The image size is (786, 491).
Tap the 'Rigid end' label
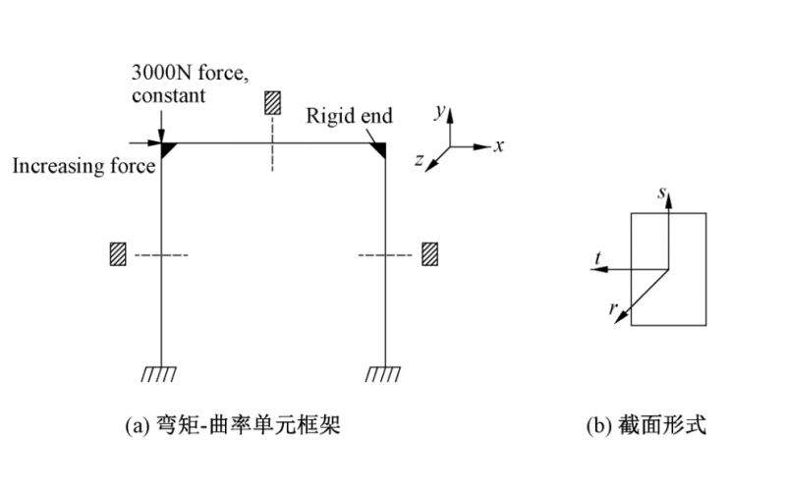pos(349,116)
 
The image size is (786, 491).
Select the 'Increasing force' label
pos(84,166)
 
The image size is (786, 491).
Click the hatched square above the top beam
pos(273,103)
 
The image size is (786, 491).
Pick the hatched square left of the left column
pos(119,254)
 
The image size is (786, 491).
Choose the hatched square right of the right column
pos(429,254)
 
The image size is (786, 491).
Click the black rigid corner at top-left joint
pos(168,148)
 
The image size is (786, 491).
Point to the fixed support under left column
pos(159,373)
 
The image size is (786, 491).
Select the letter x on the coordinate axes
pos(499,145)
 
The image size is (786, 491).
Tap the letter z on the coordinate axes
pos(420,161)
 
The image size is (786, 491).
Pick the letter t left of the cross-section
pos(597,258)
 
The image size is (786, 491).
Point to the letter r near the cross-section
pos(613,308)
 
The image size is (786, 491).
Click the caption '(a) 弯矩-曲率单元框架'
pos(233,425)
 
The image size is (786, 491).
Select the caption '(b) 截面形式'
pos(646,425)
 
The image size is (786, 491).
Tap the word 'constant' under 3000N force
pos(168,95)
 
